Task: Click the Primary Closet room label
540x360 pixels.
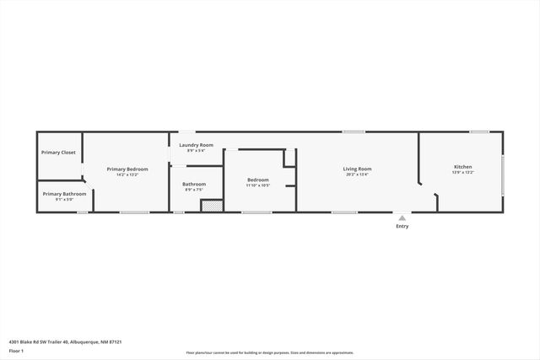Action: [58, 153]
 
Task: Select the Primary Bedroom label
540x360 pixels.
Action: [127, 169]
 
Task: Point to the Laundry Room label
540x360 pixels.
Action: [196, 145]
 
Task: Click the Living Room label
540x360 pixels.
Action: [357, 169]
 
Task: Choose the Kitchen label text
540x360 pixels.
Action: [463, 167]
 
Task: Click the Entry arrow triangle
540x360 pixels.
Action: [402, 218]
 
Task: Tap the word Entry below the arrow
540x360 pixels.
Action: [402, 226]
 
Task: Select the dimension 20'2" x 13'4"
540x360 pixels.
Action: [357, 175]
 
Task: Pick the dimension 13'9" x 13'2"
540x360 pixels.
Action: [463, 173]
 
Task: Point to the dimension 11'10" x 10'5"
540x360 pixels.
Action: [257, 185]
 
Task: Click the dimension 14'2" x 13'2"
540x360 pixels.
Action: [127, 175]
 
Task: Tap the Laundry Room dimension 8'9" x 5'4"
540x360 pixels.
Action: [196, 151]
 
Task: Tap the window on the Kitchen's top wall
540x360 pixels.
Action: [479, 132]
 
